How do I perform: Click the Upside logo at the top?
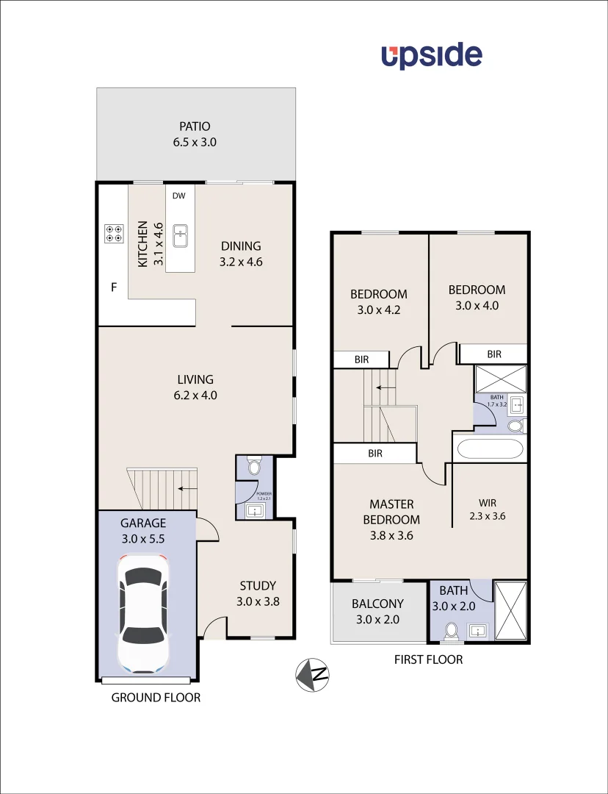pos(431,56)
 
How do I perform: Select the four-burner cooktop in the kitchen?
pos(114,233)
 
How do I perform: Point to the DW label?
pos(179,196)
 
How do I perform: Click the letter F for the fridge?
pos(114,287)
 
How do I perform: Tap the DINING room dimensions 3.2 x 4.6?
pos(242,261)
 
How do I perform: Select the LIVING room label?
pos(195,379)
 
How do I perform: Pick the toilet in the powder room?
pos(254,467)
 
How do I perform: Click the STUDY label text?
pos(258,586)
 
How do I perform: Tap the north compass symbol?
pos(312,673)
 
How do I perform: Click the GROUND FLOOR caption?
pos(156,697)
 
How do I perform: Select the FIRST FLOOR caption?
pos(429,659)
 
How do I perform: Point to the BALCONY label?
pos(377,604)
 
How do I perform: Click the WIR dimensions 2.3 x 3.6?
pos(488,516)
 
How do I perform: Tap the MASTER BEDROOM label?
pos(391,512)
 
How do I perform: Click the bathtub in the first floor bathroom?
pos(489,448)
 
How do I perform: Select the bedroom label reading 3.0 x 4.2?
pos(379,310)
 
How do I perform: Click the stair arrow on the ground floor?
pos(185,487)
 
